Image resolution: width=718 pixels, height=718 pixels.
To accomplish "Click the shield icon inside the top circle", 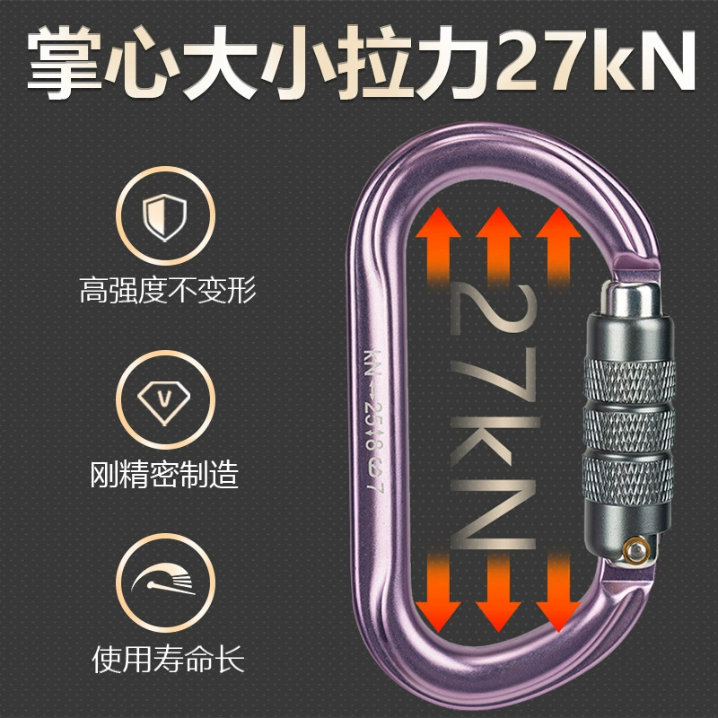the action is coord(164,217).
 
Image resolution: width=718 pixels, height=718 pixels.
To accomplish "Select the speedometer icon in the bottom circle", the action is coord(164,579).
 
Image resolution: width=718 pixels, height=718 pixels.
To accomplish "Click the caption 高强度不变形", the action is coord(168,290).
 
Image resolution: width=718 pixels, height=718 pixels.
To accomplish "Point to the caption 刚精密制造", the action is coord(164,474).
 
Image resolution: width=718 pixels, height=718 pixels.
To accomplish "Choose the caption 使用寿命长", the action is coord(168,660).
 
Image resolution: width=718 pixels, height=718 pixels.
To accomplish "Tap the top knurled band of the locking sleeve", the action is coord(630,381).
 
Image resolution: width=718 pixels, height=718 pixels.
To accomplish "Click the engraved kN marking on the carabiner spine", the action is coord(372,363).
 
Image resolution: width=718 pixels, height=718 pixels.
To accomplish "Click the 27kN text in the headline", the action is coord(596,59).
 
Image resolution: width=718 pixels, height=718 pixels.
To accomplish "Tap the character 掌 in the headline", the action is coord(65,61).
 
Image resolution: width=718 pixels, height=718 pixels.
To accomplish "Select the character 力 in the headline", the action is coord(455,61).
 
